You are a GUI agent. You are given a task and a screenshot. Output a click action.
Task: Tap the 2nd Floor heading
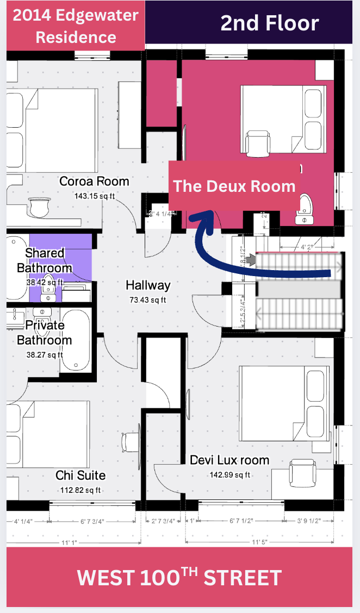269,23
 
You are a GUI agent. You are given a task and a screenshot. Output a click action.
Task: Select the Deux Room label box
234,186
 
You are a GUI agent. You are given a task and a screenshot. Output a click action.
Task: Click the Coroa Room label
94,182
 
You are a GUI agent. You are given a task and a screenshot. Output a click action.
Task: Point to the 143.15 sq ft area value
94,195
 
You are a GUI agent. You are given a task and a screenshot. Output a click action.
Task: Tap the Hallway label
148,285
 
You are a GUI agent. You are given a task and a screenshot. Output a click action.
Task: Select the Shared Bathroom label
44,260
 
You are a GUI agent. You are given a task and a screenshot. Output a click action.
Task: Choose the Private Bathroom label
44,333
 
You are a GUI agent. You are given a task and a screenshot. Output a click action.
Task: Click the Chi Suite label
80,476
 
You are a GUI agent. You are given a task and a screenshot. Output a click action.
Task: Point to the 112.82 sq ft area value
80,490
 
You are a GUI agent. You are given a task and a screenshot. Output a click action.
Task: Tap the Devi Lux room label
229,460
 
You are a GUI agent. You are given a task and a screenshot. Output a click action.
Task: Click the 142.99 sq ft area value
229,474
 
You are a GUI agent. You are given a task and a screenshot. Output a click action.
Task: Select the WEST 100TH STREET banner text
179,577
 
